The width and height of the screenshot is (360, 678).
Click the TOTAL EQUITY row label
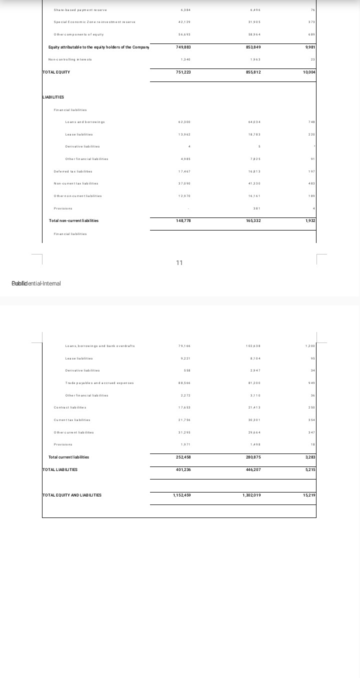[56, 72]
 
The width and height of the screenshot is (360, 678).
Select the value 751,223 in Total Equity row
[183, 72]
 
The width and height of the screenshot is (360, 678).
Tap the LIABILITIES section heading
[53, 97]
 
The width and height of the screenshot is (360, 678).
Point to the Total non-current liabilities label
[73, 220]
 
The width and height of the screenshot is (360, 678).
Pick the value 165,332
[253, 220]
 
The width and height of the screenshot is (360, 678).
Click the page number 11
[179, 263]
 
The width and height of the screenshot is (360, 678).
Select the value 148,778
[183, 220]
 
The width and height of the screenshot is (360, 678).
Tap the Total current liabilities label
[68, 457]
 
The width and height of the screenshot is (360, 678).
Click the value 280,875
[253, 457]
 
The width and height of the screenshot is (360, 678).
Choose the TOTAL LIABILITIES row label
[60, 469]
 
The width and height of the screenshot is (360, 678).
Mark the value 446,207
[253, 469]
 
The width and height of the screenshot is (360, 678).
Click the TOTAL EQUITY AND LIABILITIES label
[72, 495]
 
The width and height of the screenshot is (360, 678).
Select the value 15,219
[309, 495]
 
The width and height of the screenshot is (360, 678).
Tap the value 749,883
[183, 47]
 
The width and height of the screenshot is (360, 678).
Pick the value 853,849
[253, 47]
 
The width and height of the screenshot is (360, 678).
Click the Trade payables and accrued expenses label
[99, 383]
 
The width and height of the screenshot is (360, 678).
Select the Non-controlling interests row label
[73, 59]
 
